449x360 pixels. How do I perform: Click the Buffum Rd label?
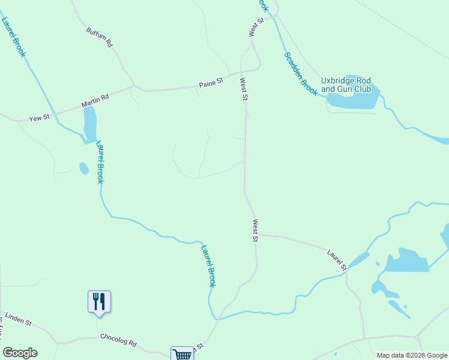(x=100, y=37)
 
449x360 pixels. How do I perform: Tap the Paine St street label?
(x=211, y=85)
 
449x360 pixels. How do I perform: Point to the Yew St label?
(x=39, y=119)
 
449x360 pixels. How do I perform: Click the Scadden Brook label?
(x=300, y=73)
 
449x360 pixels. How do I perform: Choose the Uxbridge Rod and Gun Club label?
(x=346, y=85)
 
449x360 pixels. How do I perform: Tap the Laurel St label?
(x=337, y=260)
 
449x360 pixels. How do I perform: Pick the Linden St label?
(x=18, y=319)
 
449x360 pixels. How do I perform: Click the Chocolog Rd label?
(x=119, y=340)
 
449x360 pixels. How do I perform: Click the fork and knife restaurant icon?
(x=100, y=301)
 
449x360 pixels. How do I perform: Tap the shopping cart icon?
(x=182, y=354)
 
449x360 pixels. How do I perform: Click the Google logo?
(x=20, y=353)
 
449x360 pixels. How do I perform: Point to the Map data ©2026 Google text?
(x=411, y=355)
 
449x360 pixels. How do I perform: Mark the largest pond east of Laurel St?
(x=406, y=261)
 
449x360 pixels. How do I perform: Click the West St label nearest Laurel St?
(x=255, y=230)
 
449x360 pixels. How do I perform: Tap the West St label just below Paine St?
(x=244, y=89)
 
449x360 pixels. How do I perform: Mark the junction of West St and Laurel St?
(x=256, y=235)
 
